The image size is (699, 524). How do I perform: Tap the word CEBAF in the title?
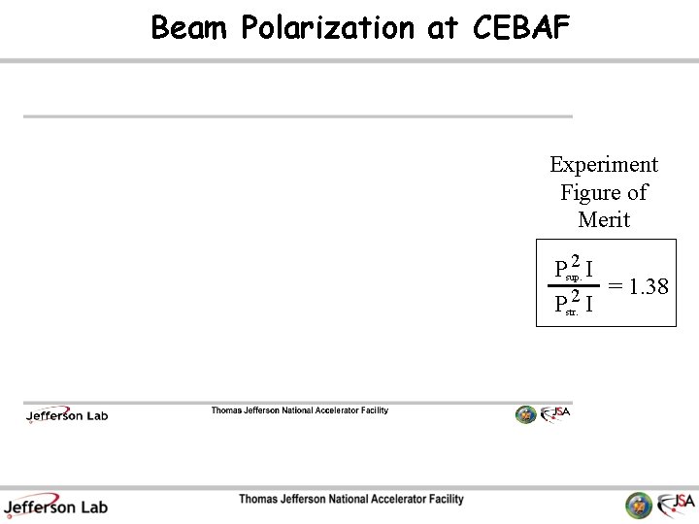521,28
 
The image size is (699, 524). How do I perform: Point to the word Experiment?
603,165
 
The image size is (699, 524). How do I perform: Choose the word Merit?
603,219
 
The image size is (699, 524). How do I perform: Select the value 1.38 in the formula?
649,287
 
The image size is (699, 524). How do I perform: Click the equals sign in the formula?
616,287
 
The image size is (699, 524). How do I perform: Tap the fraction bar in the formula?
574,286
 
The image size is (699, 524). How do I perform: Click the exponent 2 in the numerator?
576,260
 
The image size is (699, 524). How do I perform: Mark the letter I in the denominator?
590,306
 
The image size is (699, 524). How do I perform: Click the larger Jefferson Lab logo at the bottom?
56,506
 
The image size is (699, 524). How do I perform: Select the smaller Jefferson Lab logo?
67,415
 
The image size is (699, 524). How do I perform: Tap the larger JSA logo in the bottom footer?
676,504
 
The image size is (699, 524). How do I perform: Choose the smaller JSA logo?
555,413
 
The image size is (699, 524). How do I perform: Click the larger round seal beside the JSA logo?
639,505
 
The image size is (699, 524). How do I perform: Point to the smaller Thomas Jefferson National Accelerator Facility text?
299,410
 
